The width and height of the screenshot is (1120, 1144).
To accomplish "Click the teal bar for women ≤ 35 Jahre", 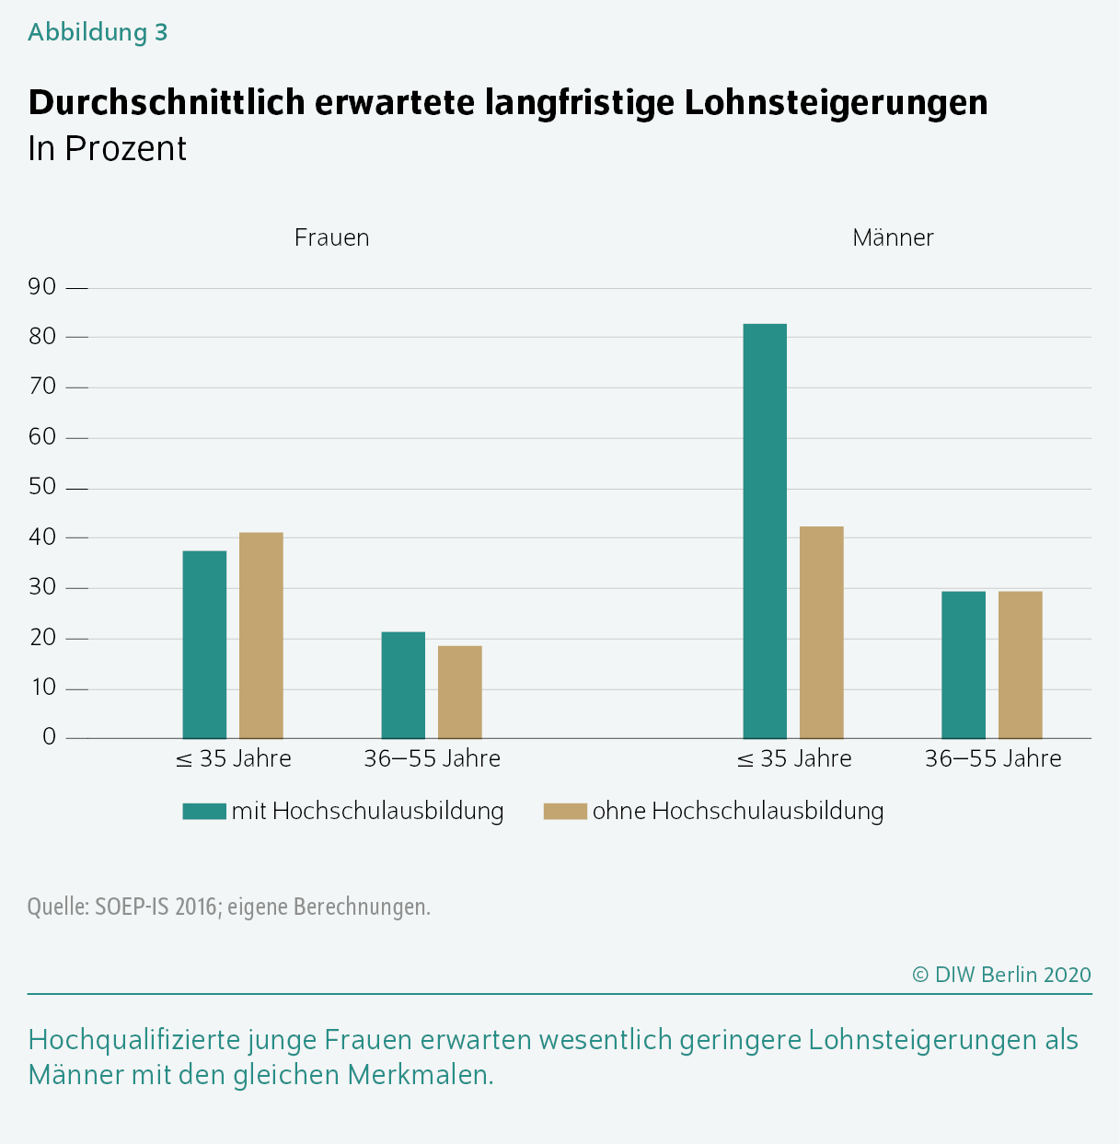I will [x=204, y=644].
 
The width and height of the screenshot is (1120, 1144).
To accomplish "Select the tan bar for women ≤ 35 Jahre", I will [x=261, y=635].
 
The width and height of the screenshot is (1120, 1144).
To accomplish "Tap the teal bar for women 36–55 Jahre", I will [x=403, y=685].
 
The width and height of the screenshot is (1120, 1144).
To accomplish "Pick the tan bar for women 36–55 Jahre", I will [x=460, y=692].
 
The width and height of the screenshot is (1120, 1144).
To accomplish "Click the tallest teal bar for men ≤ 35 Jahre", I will [x=765, y=531].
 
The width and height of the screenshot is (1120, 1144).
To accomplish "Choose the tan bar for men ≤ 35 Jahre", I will [x=822, y=632].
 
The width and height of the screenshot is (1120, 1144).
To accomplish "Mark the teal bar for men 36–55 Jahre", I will [x=964, y=664].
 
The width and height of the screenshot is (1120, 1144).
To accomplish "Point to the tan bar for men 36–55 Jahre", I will [x=1021, y=664].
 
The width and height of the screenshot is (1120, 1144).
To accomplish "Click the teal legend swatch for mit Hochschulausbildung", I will [x=204, y=811].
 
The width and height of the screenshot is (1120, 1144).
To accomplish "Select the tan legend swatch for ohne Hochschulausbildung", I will [x=565, y=811].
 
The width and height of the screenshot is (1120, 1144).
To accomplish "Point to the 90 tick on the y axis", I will [x=42, y=287].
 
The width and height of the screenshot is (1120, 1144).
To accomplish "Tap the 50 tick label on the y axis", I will [x=42, y=487].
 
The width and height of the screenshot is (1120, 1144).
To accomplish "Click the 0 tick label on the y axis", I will [x=49, y=737].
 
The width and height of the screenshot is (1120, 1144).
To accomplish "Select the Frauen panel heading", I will [x=331, y=237].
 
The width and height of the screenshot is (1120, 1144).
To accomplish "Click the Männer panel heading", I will [x=893, y=237].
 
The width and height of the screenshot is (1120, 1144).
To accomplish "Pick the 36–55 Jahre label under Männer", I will [x=993, y=758].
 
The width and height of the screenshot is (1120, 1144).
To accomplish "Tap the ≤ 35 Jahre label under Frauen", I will [x=234, y=758].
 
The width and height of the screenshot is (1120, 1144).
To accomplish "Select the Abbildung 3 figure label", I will [x=98, y=32].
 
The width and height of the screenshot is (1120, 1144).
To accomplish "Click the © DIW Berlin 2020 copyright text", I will [x=1001, y=975].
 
